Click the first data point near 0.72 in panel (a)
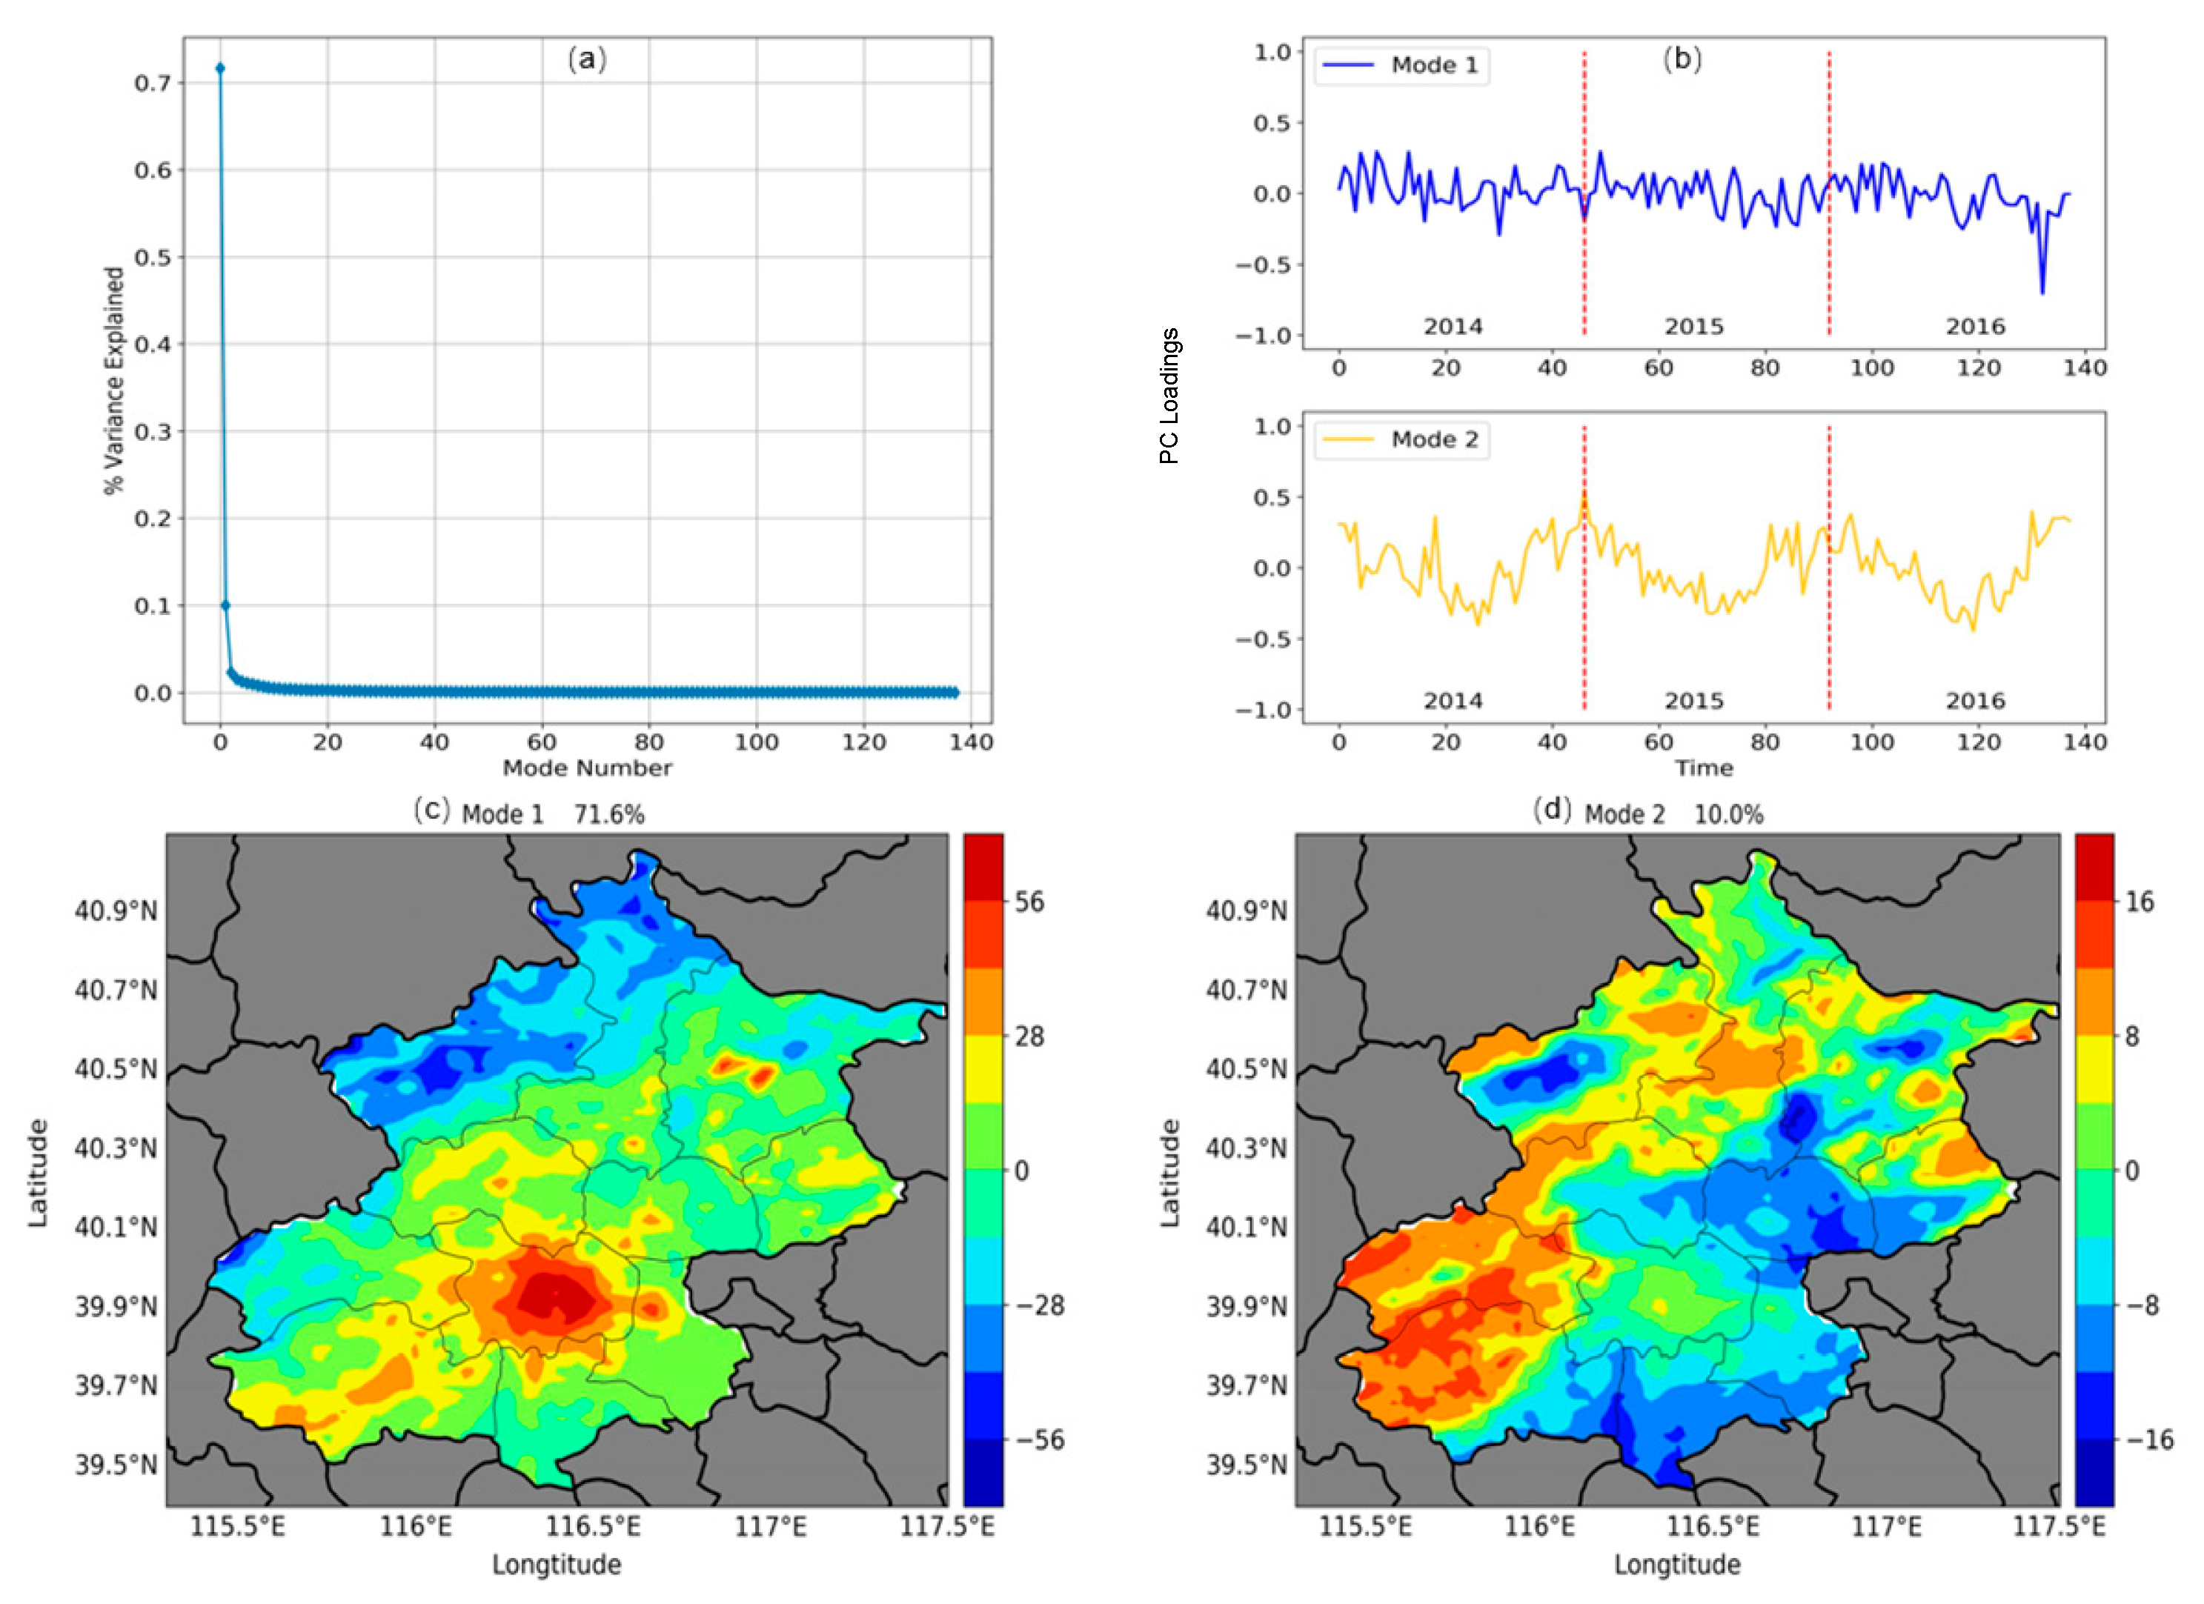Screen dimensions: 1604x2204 pyautogui.click(x=221, y=68)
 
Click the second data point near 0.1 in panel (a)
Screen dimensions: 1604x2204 pyautogui.click(x=225, y=605)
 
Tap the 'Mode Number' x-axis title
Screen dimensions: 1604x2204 pyautogui.click(x=587, y=768)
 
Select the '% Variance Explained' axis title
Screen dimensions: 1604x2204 pyautogui.click(x=115, y=380)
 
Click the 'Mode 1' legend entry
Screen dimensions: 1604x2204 pyautogui.click(x=1401, y=65)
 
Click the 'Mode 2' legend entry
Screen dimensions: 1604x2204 pyautogui.click(x=1401, y=440)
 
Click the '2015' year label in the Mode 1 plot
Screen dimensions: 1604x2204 pyautogui.click(x=1694, y=327)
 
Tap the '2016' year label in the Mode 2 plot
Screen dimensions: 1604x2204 pyautogui.click(x=1975, y=700)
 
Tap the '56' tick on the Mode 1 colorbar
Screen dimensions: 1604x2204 pyautogui.click(x=1028, y=902)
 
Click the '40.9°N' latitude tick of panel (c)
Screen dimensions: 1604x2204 pyautogui.click(x=116, y=911)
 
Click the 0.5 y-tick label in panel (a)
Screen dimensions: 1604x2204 pyautogui.click(x=153, y=258)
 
